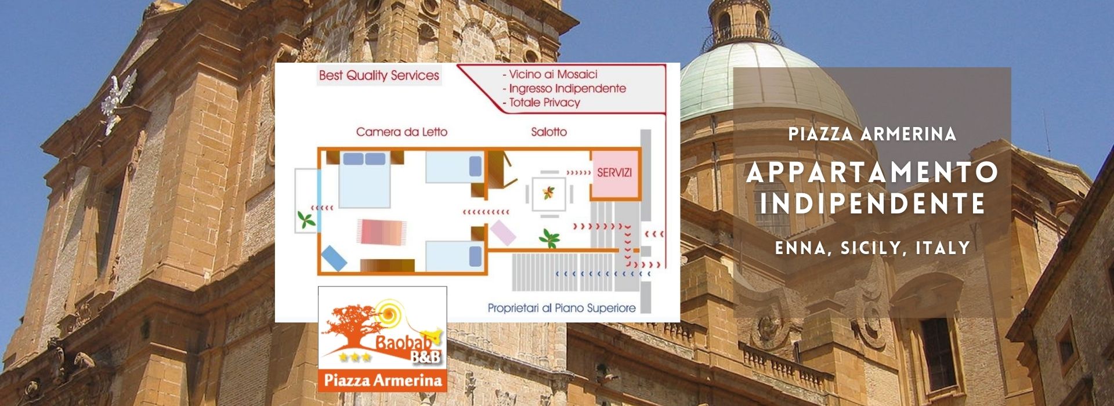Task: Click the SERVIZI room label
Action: pos(614,173)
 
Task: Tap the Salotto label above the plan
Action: pos(548,132)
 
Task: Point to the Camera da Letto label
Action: pos(402,132)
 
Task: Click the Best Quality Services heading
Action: pos(379,75)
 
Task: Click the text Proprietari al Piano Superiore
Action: pos(561,308)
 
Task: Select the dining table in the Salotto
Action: pos(549,193)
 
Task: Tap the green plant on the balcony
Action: pos(306,219)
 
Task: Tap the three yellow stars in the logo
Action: pos(355,357)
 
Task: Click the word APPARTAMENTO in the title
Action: pos(872,172)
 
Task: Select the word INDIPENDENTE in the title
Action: pos(872,204)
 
